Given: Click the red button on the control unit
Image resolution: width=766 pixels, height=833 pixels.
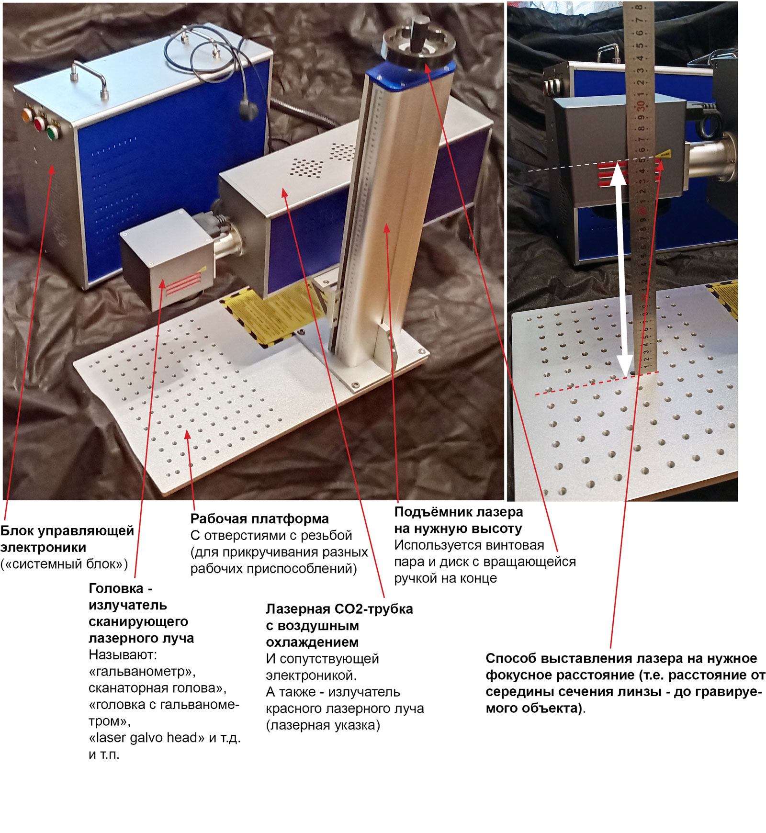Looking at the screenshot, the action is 39,124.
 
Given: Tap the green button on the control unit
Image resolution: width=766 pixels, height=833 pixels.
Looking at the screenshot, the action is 52,132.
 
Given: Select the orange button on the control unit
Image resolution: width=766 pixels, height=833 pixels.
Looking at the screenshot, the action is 27,115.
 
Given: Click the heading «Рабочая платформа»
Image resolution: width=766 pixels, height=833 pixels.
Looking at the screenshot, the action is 259,519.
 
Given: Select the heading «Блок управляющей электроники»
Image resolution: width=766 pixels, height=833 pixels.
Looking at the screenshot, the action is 67,539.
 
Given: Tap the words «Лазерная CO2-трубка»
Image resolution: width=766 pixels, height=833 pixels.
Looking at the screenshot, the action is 339,609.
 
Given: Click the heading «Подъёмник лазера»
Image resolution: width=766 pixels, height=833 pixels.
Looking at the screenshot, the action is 458,512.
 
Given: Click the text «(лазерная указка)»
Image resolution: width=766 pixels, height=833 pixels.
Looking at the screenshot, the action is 323,725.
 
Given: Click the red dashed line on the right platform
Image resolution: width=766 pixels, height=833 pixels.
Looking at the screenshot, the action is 597,383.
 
